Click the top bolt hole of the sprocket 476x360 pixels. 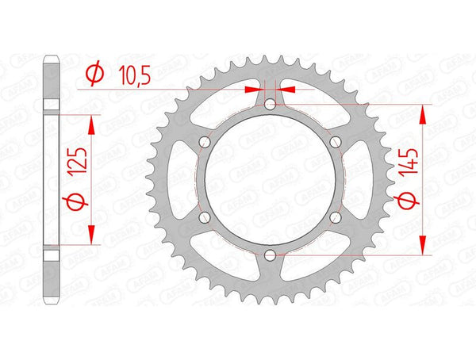270,104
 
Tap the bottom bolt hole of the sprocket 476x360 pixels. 270,255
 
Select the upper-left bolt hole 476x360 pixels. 204,141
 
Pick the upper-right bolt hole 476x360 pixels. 336,141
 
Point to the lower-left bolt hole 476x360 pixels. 204,217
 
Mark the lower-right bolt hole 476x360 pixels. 336,217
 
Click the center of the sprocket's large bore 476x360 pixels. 270,179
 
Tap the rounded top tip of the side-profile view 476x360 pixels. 52,56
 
